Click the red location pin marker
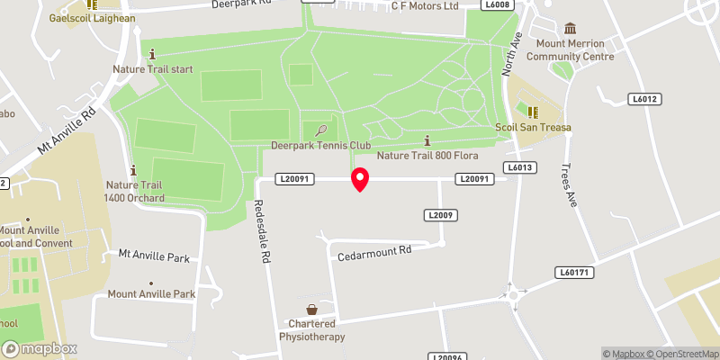[360, 179]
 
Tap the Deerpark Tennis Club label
[321, 146]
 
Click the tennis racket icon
[321, 130]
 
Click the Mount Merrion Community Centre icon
[570, 30]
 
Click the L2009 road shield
[439, 215]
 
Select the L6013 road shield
[520, 167]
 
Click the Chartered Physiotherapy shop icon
[312, 309]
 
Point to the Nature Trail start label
[152, 68]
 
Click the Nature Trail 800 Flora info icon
[427, 139]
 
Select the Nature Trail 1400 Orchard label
[133, 192]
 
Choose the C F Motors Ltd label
[425, 6]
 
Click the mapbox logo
[40, 348]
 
